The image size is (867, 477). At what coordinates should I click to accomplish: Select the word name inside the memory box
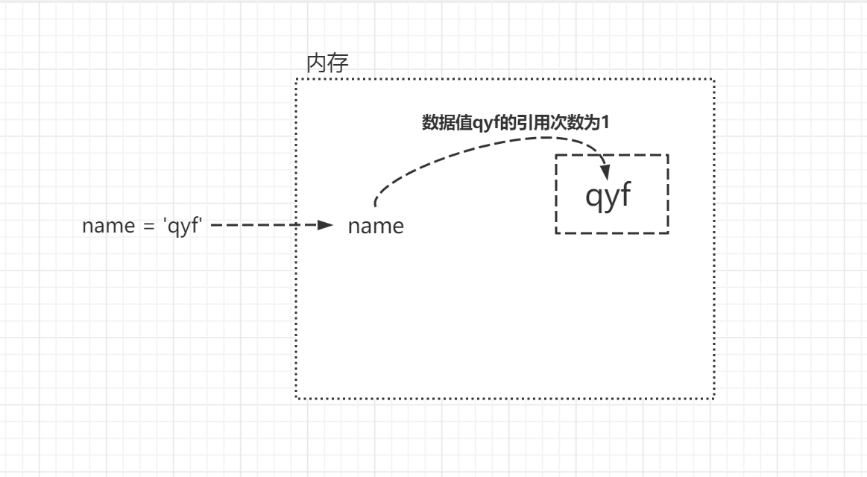click(376, 226)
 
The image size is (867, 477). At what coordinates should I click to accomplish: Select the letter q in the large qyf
click(593, 198)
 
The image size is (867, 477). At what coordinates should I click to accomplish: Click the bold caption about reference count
click(516, 124)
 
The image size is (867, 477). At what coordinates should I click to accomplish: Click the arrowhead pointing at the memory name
click(325, 225)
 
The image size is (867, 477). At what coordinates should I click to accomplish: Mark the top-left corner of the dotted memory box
click(297, 80)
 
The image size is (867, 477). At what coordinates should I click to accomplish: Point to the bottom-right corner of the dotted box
click(713, 399)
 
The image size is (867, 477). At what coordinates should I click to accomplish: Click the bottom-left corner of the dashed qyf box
click(557, 233)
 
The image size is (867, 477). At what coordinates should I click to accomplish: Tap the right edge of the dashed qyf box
click(667, 194)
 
